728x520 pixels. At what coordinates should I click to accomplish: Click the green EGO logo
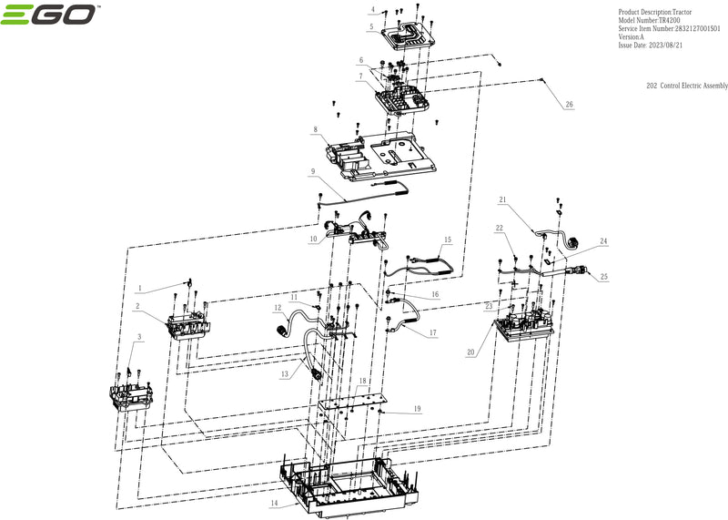51,17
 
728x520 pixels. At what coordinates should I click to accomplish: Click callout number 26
570,106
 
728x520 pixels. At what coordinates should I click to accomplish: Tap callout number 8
315,130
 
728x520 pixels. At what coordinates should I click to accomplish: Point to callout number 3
137,337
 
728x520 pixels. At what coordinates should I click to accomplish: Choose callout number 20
470,352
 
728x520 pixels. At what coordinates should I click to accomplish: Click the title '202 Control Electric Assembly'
686,85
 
